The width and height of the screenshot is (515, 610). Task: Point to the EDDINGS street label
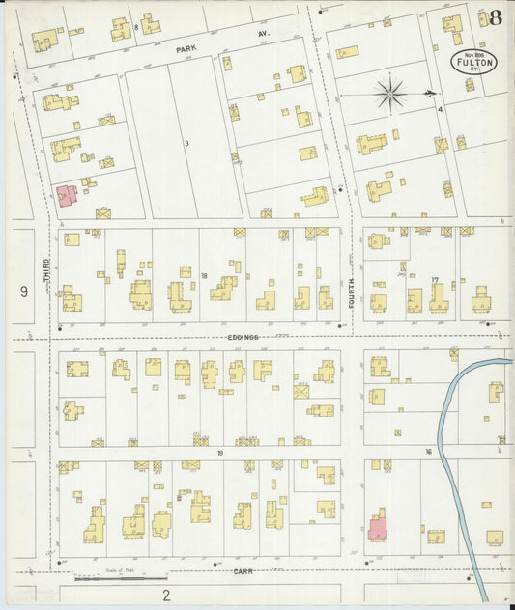coord(243,337)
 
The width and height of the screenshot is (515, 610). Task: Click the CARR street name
coord(243,571)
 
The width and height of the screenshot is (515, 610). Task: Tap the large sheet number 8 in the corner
coord(495,17)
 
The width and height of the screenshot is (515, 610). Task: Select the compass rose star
coord(390,94)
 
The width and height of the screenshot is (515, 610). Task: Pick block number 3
coord(186,143)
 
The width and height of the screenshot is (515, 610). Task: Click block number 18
coord(204,276)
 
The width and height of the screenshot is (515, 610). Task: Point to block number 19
coord(220,452)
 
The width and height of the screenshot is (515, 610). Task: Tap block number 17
coord(435,280)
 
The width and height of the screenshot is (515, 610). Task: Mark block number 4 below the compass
coord(439,109)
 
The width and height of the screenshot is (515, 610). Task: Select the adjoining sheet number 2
coord(166,594)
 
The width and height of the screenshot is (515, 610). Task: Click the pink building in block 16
coord(377,529)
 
